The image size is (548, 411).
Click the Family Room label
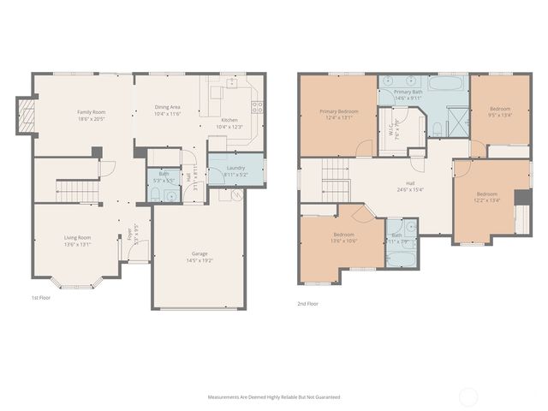tap(91, 111)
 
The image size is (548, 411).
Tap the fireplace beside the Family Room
tap(27, 116)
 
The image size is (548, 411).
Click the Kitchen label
tap(229, 120)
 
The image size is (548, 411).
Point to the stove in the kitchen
tap(256, 107)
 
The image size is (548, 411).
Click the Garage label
tap(199, 253)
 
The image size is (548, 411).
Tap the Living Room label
tap(77, 237)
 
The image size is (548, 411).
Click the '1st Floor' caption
tap(39, 299)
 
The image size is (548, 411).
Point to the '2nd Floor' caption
tap(308, 303)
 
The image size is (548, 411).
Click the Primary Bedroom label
tap(339, 111)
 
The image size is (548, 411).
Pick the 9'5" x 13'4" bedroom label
tap(500, 109)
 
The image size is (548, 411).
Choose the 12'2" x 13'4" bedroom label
tap(487, 194)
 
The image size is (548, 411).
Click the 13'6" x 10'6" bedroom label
tap(344, 235)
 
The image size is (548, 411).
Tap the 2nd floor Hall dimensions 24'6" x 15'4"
tap(410, 188)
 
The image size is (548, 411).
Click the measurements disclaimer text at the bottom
tap(274, 397)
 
